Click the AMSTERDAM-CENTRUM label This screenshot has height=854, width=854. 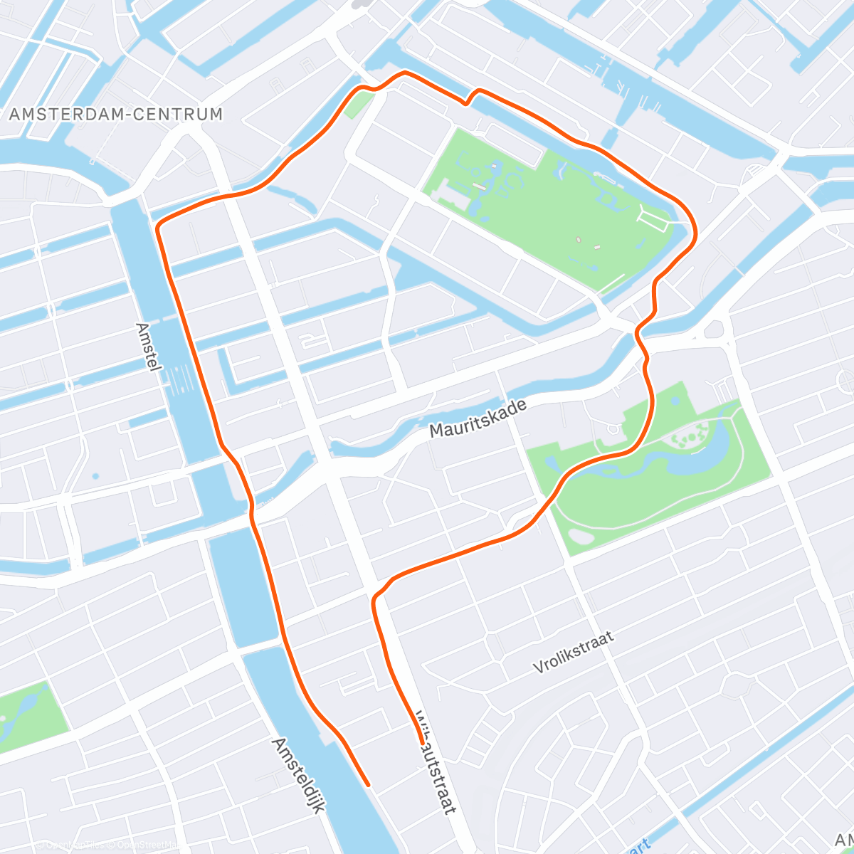point(116,114)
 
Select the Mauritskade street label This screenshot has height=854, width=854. point(478,418)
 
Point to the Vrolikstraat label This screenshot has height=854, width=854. point(573,653)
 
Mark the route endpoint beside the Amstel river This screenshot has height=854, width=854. point(368,785)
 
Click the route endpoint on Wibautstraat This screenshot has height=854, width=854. point(421,743)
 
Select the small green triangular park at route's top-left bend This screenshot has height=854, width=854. point(359,104)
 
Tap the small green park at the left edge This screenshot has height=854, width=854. point(28,715)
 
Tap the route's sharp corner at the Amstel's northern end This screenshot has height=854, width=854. point(158,226)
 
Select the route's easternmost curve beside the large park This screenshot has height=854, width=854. point(695,228)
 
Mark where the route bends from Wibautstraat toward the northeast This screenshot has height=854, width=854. point(376,595)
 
